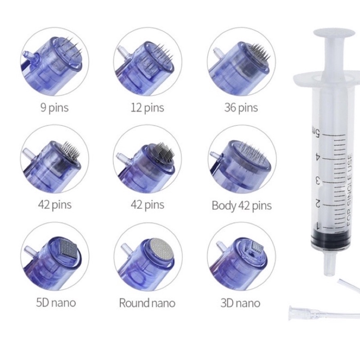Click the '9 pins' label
55,107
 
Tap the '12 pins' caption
147,107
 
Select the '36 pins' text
241,107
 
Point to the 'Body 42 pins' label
242,205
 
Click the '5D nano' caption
56,303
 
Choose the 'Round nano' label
147,303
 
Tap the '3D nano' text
241,303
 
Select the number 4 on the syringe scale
317,157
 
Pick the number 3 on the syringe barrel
317,181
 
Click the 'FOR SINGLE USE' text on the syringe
349,190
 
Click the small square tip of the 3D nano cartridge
257,247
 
